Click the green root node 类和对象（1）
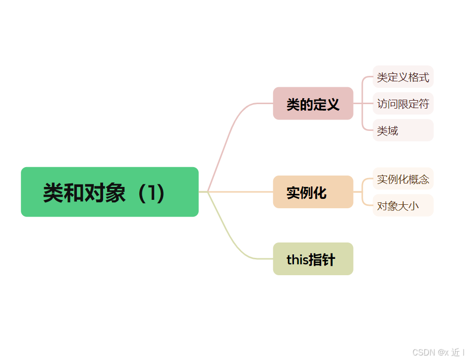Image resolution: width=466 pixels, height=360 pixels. pyautogui.click(x=110, y=192)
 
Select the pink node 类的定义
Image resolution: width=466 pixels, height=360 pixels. pyautogui.click(x=313, y=104)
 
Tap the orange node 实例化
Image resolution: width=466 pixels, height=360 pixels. pyautogui.click(x=313, y=192)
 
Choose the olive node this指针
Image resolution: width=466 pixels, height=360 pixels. pyautogui.click(x=313, y=259)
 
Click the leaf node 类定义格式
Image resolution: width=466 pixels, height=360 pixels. pyautogui.click(x=403, y=77)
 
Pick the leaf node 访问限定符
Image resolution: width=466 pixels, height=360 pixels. pyautogui.click(x=403, y=104)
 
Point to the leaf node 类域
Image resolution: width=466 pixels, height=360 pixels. pyautogui.click(x=403, y=130)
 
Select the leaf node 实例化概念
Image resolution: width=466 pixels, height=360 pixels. pyautogui.click(x=403, y=179)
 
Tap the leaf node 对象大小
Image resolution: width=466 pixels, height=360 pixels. pyautogui.click(x=403, y=205)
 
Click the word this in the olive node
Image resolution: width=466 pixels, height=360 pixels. pyautogui.click(x=297, y=259)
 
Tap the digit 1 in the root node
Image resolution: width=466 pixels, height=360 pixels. pyautogui.click(x=151, y=192)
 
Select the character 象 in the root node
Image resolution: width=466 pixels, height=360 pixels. pyautogui.click(x=116, y=192)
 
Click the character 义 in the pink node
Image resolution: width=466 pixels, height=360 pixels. pyautogui.click(x=333, y=104)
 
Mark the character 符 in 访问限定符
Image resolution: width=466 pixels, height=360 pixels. pyautogui.click(x=424, y=104)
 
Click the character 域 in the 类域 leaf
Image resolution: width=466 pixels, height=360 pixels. pyautogui.click(x=393, y=131)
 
